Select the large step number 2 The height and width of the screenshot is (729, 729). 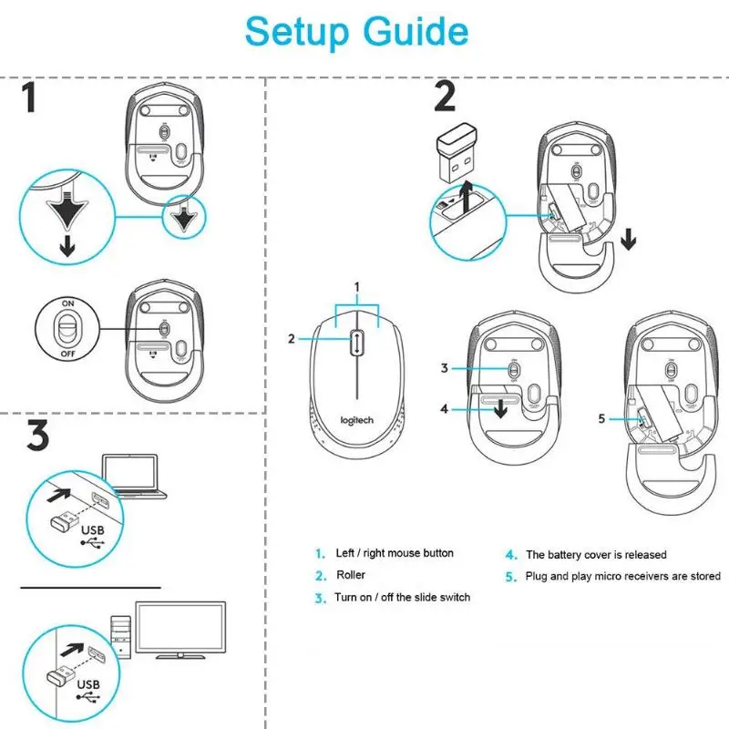click(x=444, y=98)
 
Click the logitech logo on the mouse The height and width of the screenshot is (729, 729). click(x=357, y=419)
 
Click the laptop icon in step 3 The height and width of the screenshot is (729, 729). click(x=132, y=477)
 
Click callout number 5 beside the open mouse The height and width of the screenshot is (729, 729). click(x=601, y=418)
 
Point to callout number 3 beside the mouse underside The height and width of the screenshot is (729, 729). click(x=445, y=368)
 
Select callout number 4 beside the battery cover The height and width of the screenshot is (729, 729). click(x=445, y=409)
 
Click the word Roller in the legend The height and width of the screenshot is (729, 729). click(x=351, y=575)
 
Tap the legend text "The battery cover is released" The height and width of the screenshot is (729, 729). click(x=596, y=554)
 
